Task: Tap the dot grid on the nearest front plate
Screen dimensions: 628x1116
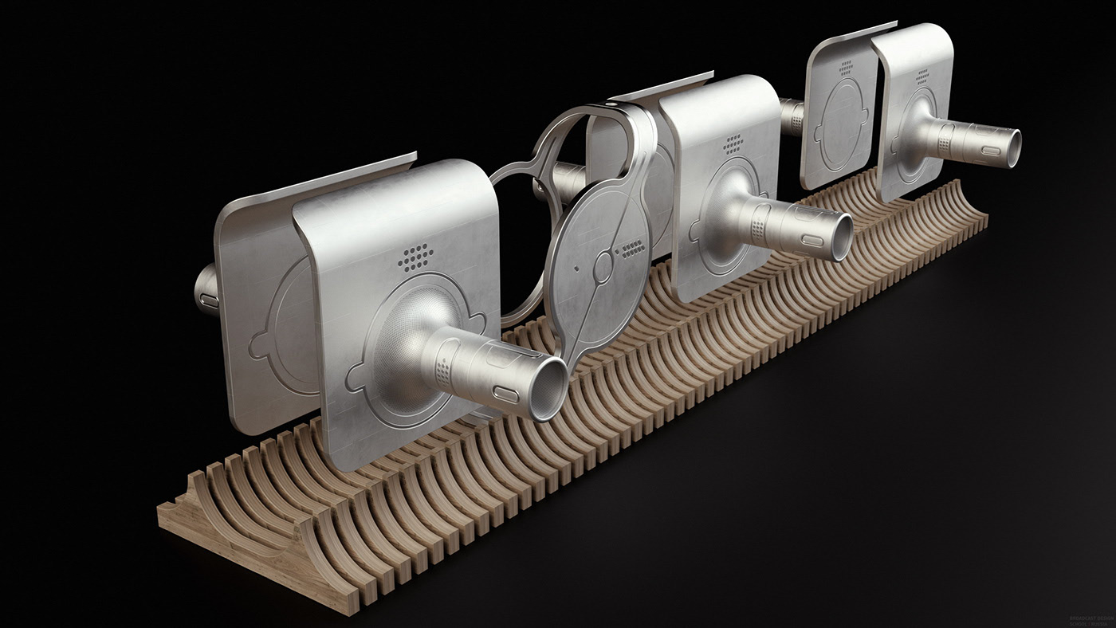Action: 418,257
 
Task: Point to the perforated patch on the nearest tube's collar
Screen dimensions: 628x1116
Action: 444,368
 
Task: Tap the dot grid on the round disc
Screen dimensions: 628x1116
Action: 632,249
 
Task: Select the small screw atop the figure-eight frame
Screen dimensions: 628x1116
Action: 611,104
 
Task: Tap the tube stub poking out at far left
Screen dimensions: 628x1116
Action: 206,291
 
